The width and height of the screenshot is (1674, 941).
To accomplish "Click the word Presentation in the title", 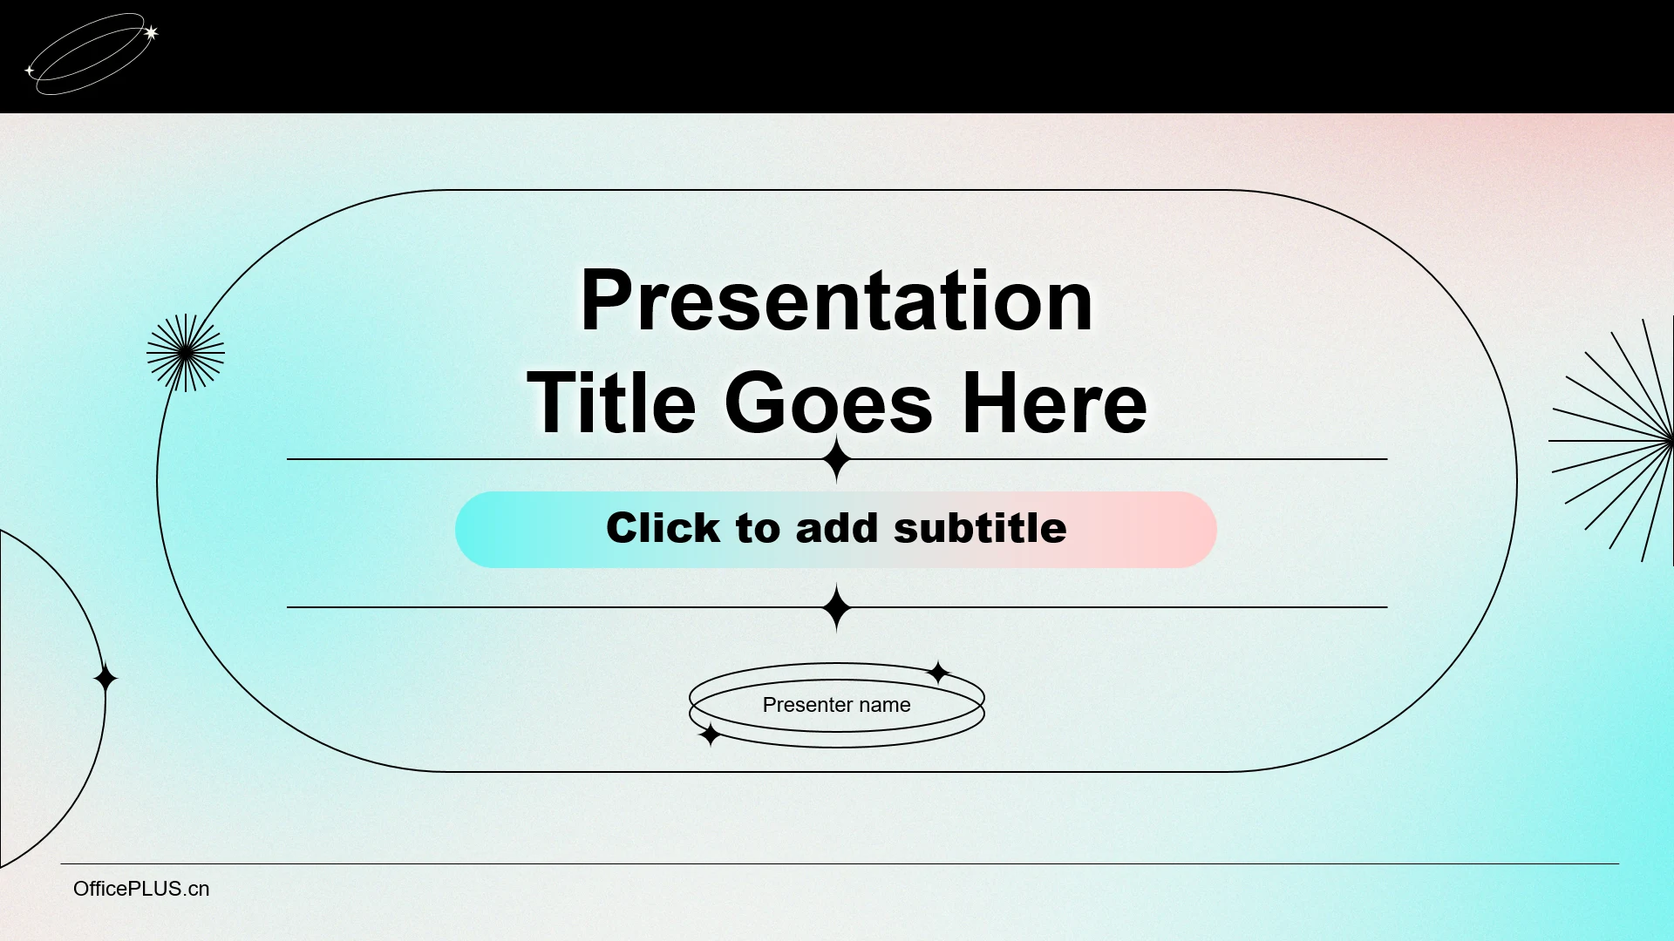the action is (836, 301).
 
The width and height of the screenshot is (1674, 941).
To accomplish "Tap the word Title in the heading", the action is (611, 403).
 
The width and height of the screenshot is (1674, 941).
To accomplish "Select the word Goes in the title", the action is (828, 403).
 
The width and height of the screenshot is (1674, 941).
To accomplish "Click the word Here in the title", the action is (1054, 403).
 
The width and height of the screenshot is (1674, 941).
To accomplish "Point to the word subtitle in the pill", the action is (980, 528).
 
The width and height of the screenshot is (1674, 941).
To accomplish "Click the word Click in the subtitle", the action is (663, 528).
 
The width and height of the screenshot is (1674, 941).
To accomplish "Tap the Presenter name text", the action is (836, 705).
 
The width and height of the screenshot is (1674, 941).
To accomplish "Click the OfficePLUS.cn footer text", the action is (141, 889).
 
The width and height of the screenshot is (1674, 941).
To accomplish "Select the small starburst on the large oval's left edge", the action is (186, 353).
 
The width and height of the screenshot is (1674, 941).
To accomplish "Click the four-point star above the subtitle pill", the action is (837, 459).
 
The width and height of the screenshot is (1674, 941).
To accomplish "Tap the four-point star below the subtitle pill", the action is (837, 607).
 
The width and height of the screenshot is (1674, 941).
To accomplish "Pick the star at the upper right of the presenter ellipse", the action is (938, 673).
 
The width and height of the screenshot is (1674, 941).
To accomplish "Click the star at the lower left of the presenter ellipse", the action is (711, 735).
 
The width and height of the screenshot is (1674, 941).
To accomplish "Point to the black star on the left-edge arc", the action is (105, 678).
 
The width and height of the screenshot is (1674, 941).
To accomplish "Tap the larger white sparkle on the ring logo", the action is (151, 33).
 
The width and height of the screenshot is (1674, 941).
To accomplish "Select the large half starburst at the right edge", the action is (1612, 441).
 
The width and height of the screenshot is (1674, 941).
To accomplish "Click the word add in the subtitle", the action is (837, 528).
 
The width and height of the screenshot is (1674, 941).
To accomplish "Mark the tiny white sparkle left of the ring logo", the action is (30, 70).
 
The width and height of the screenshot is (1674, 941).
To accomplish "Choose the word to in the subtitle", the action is (759, 529).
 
